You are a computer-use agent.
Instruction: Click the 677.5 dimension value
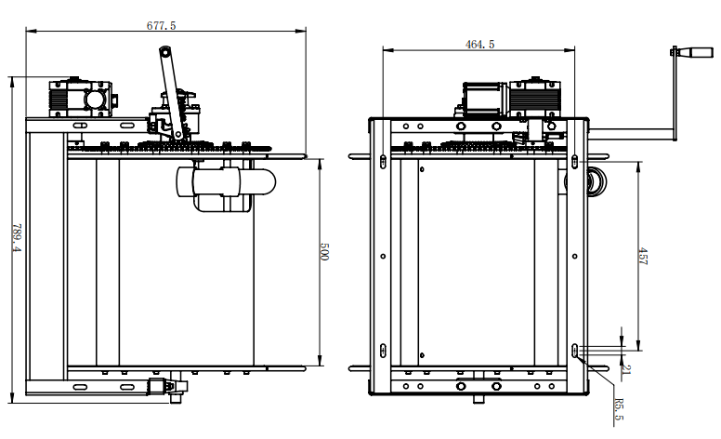pos(161,25)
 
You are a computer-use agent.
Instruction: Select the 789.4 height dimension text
pos(17,237)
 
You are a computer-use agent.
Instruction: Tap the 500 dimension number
pos(323,252)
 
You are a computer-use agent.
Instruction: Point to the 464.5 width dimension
pos(479,44)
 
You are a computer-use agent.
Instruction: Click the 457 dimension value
pos(642,257)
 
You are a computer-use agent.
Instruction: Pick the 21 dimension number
pos(626,368)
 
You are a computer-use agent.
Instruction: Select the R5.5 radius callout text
pos(619,409)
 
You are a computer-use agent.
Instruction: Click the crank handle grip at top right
pos(697,52)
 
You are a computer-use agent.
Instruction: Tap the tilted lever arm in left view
pos(171,92)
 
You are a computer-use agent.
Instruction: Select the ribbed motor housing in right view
pos(535,98)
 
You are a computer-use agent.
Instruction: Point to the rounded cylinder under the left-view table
pos(226,182)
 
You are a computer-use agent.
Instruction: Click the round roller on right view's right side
pos(596,182)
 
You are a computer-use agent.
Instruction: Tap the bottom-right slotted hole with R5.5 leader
pos(575,351)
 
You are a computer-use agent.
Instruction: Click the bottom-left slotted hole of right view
pos(384,351)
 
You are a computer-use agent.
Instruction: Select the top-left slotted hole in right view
pos(384,162)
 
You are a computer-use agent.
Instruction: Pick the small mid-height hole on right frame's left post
pos(384,257)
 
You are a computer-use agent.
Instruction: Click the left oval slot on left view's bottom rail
pos(80,387)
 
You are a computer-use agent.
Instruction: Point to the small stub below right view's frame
pos(478,399)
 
